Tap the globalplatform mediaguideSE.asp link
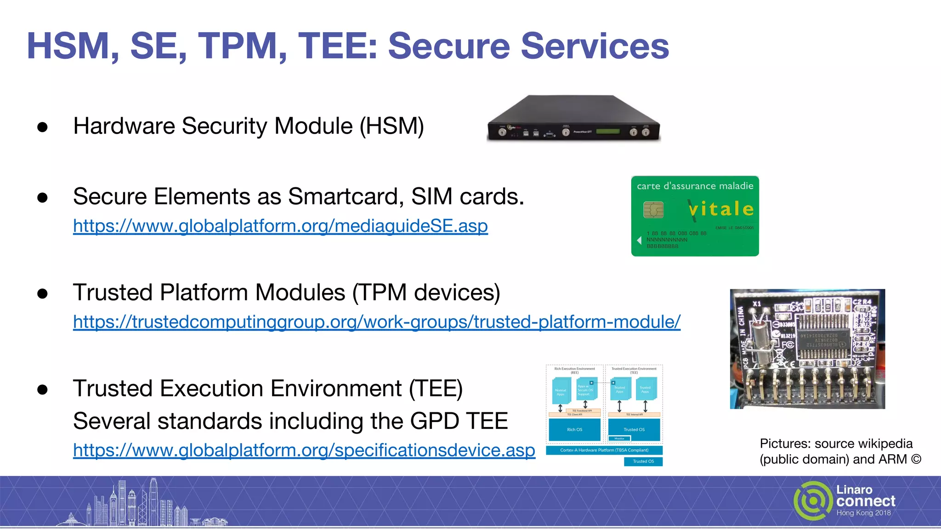[x=280, y=226]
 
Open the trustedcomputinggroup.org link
[x=376, y=322]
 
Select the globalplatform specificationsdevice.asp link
[x=304, y=450]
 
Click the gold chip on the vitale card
[x=653, y=210]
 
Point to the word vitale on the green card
[x=721, y=209]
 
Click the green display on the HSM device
[x=607, y=131]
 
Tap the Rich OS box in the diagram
[x=574, y=430]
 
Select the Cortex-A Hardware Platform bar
[x=604, y=450]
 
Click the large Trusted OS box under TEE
[x=634, y=429]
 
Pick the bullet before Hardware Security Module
[x=43, y=127]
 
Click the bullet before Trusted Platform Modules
[x=43, y=293]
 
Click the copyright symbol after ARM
[x=916, y=459]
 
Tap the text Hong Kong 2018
[x=863, y=513]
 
